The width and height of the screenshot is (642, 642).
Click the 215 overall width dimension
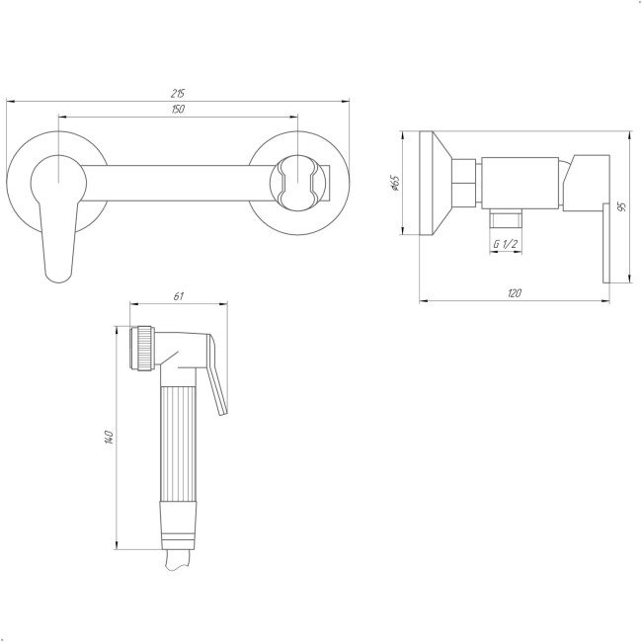pos(178,94)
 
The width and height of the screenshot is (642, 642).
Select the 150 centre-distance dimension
pos(178,110)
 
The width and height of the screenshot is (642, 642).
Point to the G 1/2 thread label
pos(506,244)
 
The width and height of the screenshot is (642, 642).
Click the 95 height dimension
pos(623,206)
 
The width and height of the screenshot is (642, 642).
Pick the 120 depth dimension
pos(515,293)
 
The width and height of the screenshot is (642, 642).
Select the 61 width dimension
pos(179,296)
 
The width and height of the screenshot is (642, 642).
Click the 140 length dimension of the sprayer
pos(109,437)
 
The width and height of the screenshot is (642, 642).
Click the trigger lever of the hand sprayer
pos(216,373)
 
